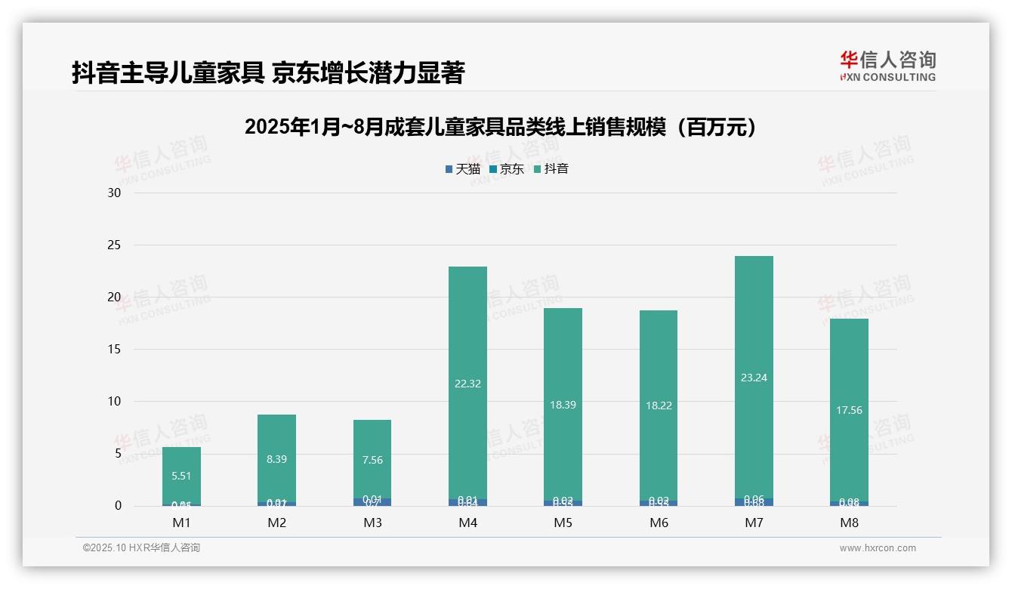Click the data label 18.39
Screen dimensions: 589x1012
pos(563,405)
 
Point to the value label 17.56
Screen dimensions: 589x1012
pos(849,410)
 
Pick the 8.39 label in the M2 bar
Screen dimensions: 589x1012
pos(276,459)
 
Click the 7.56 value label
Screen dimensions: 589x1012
pos(372,460)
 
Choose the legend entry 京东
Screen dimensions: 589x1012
pos(506,168)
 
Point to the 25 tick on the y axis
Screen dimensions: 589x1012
pos(114,245)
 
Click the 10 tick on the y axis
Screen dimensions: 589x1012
pos(114,401)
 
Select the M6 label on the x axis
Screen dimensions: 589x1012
pos(659,523)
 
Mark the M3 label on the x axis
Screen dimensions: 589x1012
pos(372,523)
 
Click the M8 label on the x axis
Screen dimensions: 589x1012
pos(849,523)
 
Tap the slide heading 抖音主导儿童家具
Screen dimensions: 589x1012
pos(268,72)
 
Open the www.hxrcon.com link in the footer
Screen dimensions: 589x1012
pos(878,548)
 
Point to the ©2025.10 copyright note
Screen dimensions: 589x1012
pos(141,548)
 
